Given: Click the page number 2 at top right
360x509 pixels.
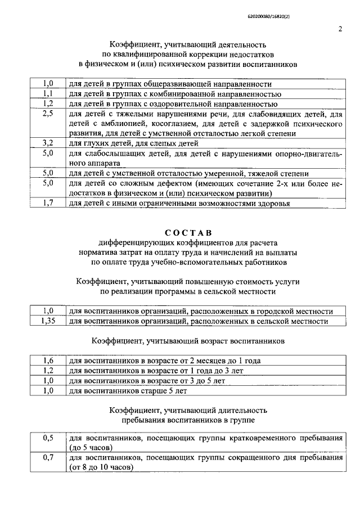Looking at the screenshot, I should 341,30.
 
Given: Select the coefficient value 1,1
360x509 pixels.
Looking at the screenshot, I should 48,94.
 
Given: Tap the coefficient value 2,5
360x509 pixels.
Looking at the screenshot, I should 48,114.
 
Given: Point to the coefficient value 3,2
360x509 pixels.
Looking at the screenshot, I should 48,143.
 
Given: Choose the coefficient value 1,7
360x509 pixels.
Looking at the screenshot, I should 48,202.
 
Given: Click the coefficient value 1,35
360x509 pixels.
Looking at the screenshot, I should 48,321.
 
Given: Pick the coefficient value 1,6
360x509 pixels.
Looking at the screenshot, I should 48,361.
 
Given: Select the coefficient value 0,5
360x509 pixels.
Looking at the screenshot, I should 48,438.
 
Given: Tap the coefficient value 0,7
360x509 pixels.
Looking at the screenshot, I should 48,458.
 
